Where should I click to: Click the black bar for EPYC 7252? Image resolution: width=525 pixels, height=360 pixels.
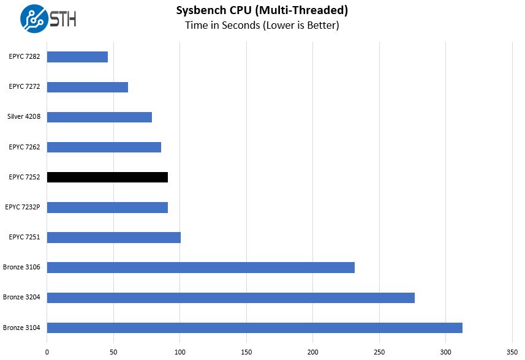tap(107, 178)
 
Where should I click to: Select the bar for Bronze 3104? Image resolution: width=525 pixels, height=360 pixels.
tap(254, 328)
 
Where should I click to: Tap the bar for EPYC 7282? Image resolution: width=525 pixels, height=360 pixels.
tap(77, 57)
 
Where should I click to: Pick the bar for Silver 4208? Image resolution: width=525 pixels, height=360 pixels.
tap(99, 117)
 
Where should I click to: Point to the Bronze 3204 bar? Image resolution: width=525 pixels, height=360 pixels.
tap(230, 298)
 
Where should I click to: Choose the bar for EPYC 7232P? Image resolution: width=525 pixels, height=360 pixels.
tap(107, 208)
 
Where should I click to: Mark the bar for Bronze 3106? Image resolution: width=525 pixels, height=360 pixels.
tap(200, 268)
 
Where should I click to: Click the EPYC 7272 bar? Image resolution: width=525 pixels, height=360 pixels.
tap(87, 87)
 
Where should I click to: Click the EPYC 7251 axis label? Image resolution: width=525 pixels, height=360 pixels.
tap(24, 237)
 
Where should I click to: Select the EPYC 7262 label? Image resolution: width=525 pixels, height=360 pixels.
tap(24, 147)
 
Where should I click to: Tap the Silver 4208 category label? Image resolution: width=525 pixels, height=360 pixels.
tap(24, 117)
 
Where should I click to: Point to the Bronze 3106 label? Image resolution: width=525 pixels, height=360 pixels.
tap(21, 267)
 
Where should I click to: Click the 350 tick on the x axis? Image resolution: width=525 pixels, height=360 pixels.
tap(512, 352)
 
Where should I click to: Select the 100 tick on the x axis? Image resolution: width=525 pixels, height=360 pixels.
tap(179, 352)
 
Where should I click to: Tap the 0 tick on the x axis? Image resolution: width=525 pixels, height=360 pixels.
tap(47, 352)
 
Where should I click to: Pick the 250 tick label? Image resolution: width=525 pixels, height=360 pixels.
tap(379, 352)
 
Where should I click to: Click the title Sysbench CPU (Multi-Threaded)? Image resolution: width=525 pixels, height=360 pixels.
tap(262, 10)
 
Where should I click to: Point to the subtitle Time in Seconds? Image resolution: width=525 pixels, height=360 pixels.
tap(262, 25)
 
